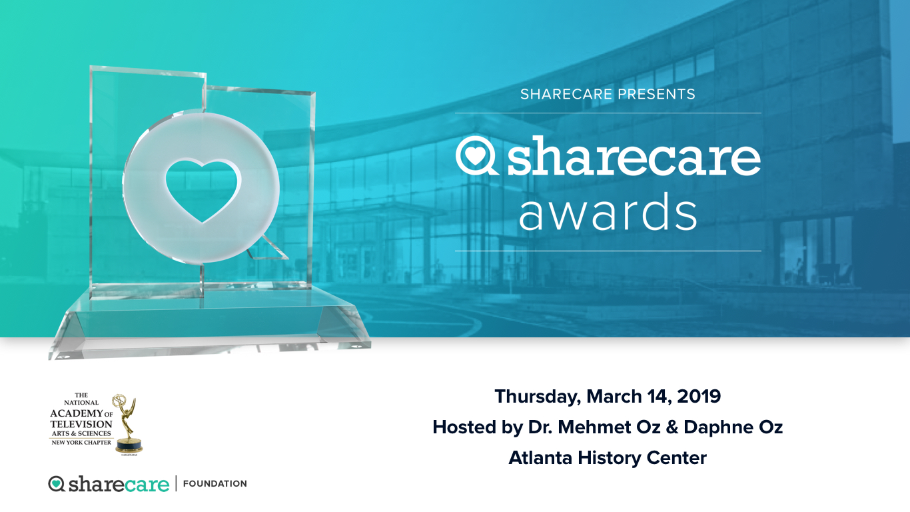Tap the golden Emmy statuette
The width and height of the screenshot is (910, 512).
(x=127, y=424)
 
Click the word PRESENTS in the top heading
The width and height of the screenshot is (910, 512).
(x=656, y=95)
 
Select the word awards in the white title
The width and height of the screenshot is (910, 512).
(x=608, y=211)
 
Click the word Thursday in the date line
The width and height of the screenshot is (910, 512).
(x=538, y=397)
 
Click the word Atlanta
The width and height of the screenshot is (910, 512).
(x=540, y=458)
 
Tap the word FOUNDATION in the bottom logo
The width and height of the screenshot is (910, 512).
(x=215, y=483)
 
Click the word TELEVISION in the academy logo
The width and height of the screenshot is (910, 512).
(x=81, y=424)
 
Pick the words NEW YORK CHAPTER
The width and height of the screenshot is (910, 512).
(x=81, y=443)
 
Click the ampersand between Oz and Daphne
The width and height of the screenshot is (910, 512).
(x=672, y=427)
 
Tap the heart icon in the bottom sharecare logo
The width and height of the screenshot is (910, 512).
(x=57, y=483)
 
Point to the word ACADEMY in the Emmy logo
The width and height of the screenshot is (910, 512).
(x=76, y=413)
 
